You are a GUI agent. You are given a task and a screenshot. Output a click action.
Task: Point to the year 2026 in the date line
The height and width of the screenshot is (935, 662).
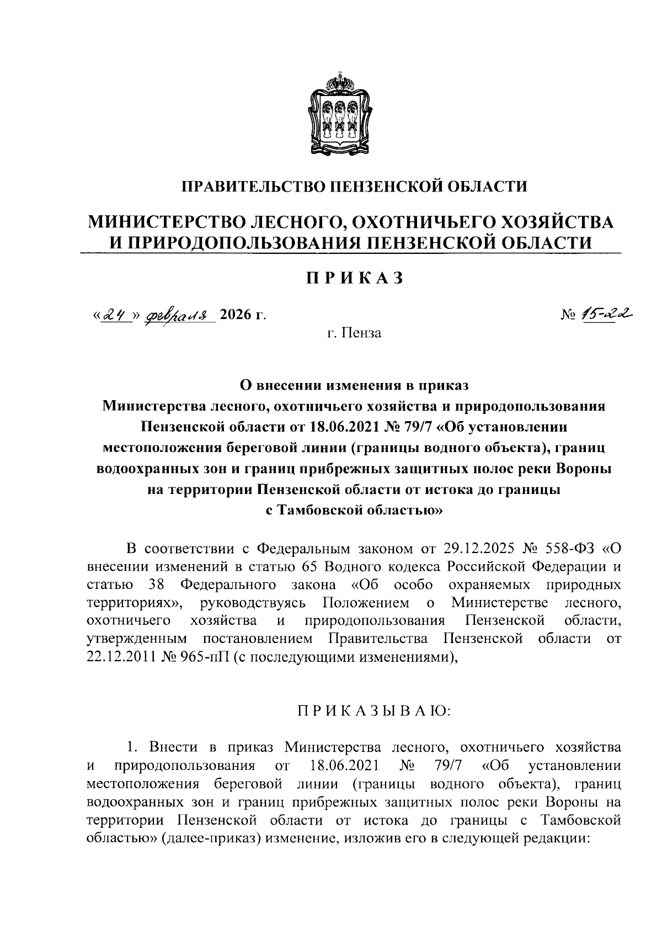click(236, 315)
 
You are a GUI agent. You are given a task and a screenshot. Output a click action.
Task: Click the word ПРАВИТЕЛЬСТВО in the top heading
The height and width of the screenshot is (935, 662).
click(253, 186)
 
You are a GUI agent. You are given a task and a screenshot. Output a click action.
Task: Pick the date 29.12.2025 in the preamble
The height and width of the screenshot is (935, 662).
click(478, 549)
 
